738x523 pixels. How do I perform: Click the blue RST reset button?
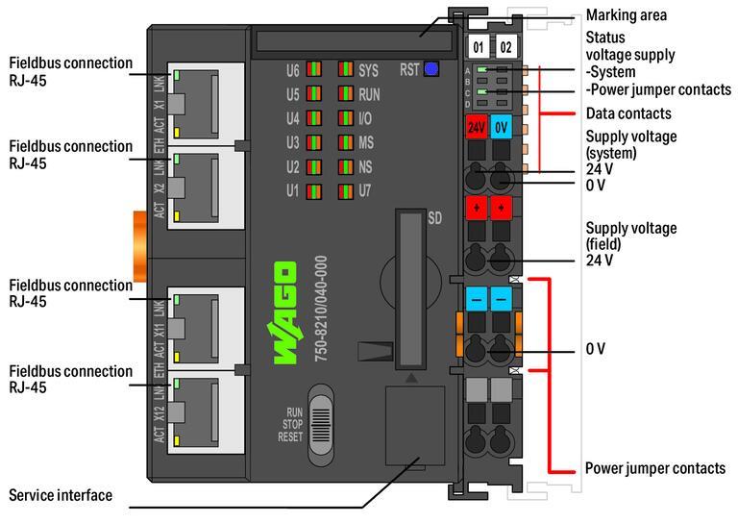pos(431,69)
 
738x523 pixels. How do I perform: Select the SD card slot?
pos(409,287)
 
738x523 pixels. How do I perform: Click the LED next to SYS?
pos(345,70)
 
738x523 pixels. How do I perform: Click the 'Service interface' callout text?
pos(60,495)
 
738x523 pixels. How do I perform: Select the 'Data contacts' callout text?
pos(628,113)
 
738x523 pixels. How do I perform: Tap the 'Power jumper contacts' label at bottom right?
pos(655,468)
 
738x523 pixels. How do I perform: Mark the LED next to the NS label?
pos(345,166)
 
